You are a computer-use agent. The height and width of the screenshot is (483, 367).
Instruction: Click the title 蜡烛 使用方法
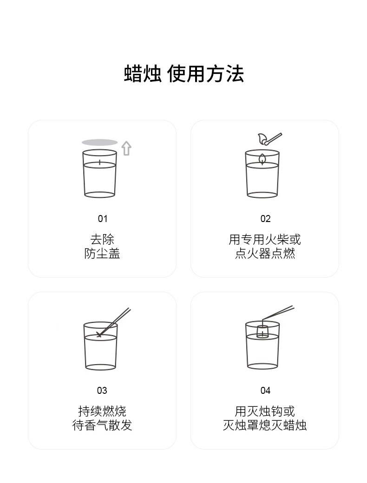tap(183, 74)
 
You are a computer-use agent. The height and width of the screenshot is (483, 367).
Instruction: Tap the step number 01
tap(102, 219)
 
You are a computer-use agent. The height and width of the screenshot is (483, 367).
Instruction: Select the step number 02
tap(265, 219)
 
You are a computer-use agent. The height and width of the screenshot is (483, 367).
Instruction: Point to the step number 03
tap(102, 391)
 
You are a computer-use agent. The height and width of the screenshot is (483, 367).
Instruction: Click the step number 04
tap(265, 391)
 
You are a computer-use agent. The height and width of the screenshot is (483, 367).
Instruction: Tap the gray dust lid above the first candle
tap(99, 142)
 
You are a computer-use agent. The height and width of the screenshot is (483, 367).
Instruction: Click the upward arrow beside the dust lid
tap(126, 148)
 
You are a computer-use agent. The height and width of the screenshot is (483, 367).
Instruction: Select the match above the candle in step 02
tap(270, 139)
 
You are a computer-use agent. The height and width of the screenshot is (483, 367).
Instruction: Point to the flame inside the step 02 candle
tap(262, 159)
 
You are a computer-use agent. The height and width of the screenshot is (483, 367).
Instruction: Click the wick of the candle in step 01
tap(99, 163)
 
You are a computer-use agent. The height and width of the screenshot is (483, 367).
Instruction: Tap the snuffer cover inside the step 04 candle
tap(262, 331)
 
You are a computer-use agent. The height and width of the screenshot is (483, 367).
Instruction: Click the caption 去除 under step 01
tap(102, 239)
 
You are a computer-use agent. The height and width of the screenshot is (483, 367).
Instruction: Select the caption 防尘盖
tap(102, 253)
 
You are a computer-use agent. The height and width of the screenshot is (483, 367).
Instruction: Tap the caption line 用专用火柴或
tap(265, 239)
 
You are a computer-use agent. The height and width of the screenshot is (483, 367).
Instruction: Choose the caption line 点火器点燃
tap(265, 253)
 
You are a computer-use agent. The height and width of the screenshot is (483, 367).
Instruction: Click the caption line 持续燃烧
tap(102, 411)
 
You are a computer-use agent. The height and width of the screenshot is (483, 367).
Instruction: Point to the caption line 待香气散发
tap(102, 425)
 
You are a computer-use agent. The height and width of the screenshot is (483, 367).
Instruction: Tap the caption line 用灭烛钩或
tap(265, 411)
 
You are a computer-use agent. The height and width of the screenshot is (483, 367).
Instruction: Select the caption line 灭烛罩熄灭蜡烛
tap(265, 425)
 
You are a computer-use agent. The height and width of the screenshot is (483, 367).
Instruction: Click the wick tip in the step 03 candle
tap(99, 334)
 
